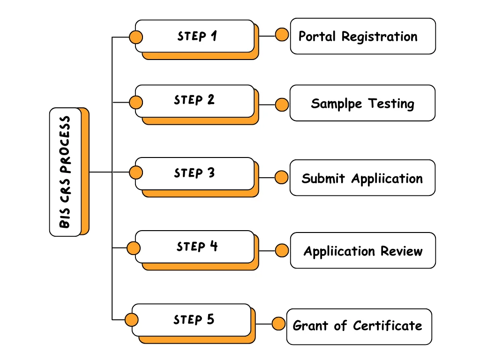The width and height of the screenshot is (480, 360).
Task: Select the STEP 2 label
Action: point(194,100)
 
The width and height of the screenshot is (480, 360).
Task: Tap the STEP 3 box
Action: point(195,173)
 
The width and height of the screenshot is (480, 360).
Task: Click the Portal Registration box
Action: point(363,36)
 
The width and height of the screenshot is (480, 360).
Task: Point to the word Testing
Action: point(391,104)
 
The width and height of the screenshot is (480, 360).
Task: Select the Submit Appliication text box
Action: point(362,178)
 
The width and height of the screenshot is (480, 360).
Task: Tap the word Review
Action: point(401,251)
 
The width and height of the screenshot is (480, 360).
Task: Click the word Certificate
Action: point(387,325)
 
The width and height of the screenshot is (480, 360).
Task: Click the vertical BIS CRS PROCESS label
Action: point(65,172)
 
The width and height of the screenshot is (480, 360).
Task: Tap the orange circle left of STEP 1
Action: point(136,37)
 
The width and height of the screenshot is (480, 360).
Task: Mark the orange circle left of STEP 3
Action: point(136,172)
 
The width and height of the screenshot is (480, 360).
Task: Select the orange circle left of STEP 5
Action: point(132,320)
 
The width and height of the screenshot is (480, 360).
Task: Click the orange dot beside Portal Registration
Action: point(282,35)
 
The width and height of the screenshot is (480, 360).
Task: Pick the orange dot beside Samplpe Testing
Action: point(282,105)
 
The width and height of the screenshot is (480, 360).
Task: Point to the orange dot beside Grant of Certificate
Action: point(279,323)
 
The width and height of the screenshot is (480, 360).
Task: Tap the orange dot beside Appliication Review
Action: point(282,251)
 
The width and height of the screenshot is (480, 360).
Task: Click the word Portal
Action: point(317,36)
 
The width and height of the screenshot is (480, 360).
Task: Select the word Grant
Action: point(310,325)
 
